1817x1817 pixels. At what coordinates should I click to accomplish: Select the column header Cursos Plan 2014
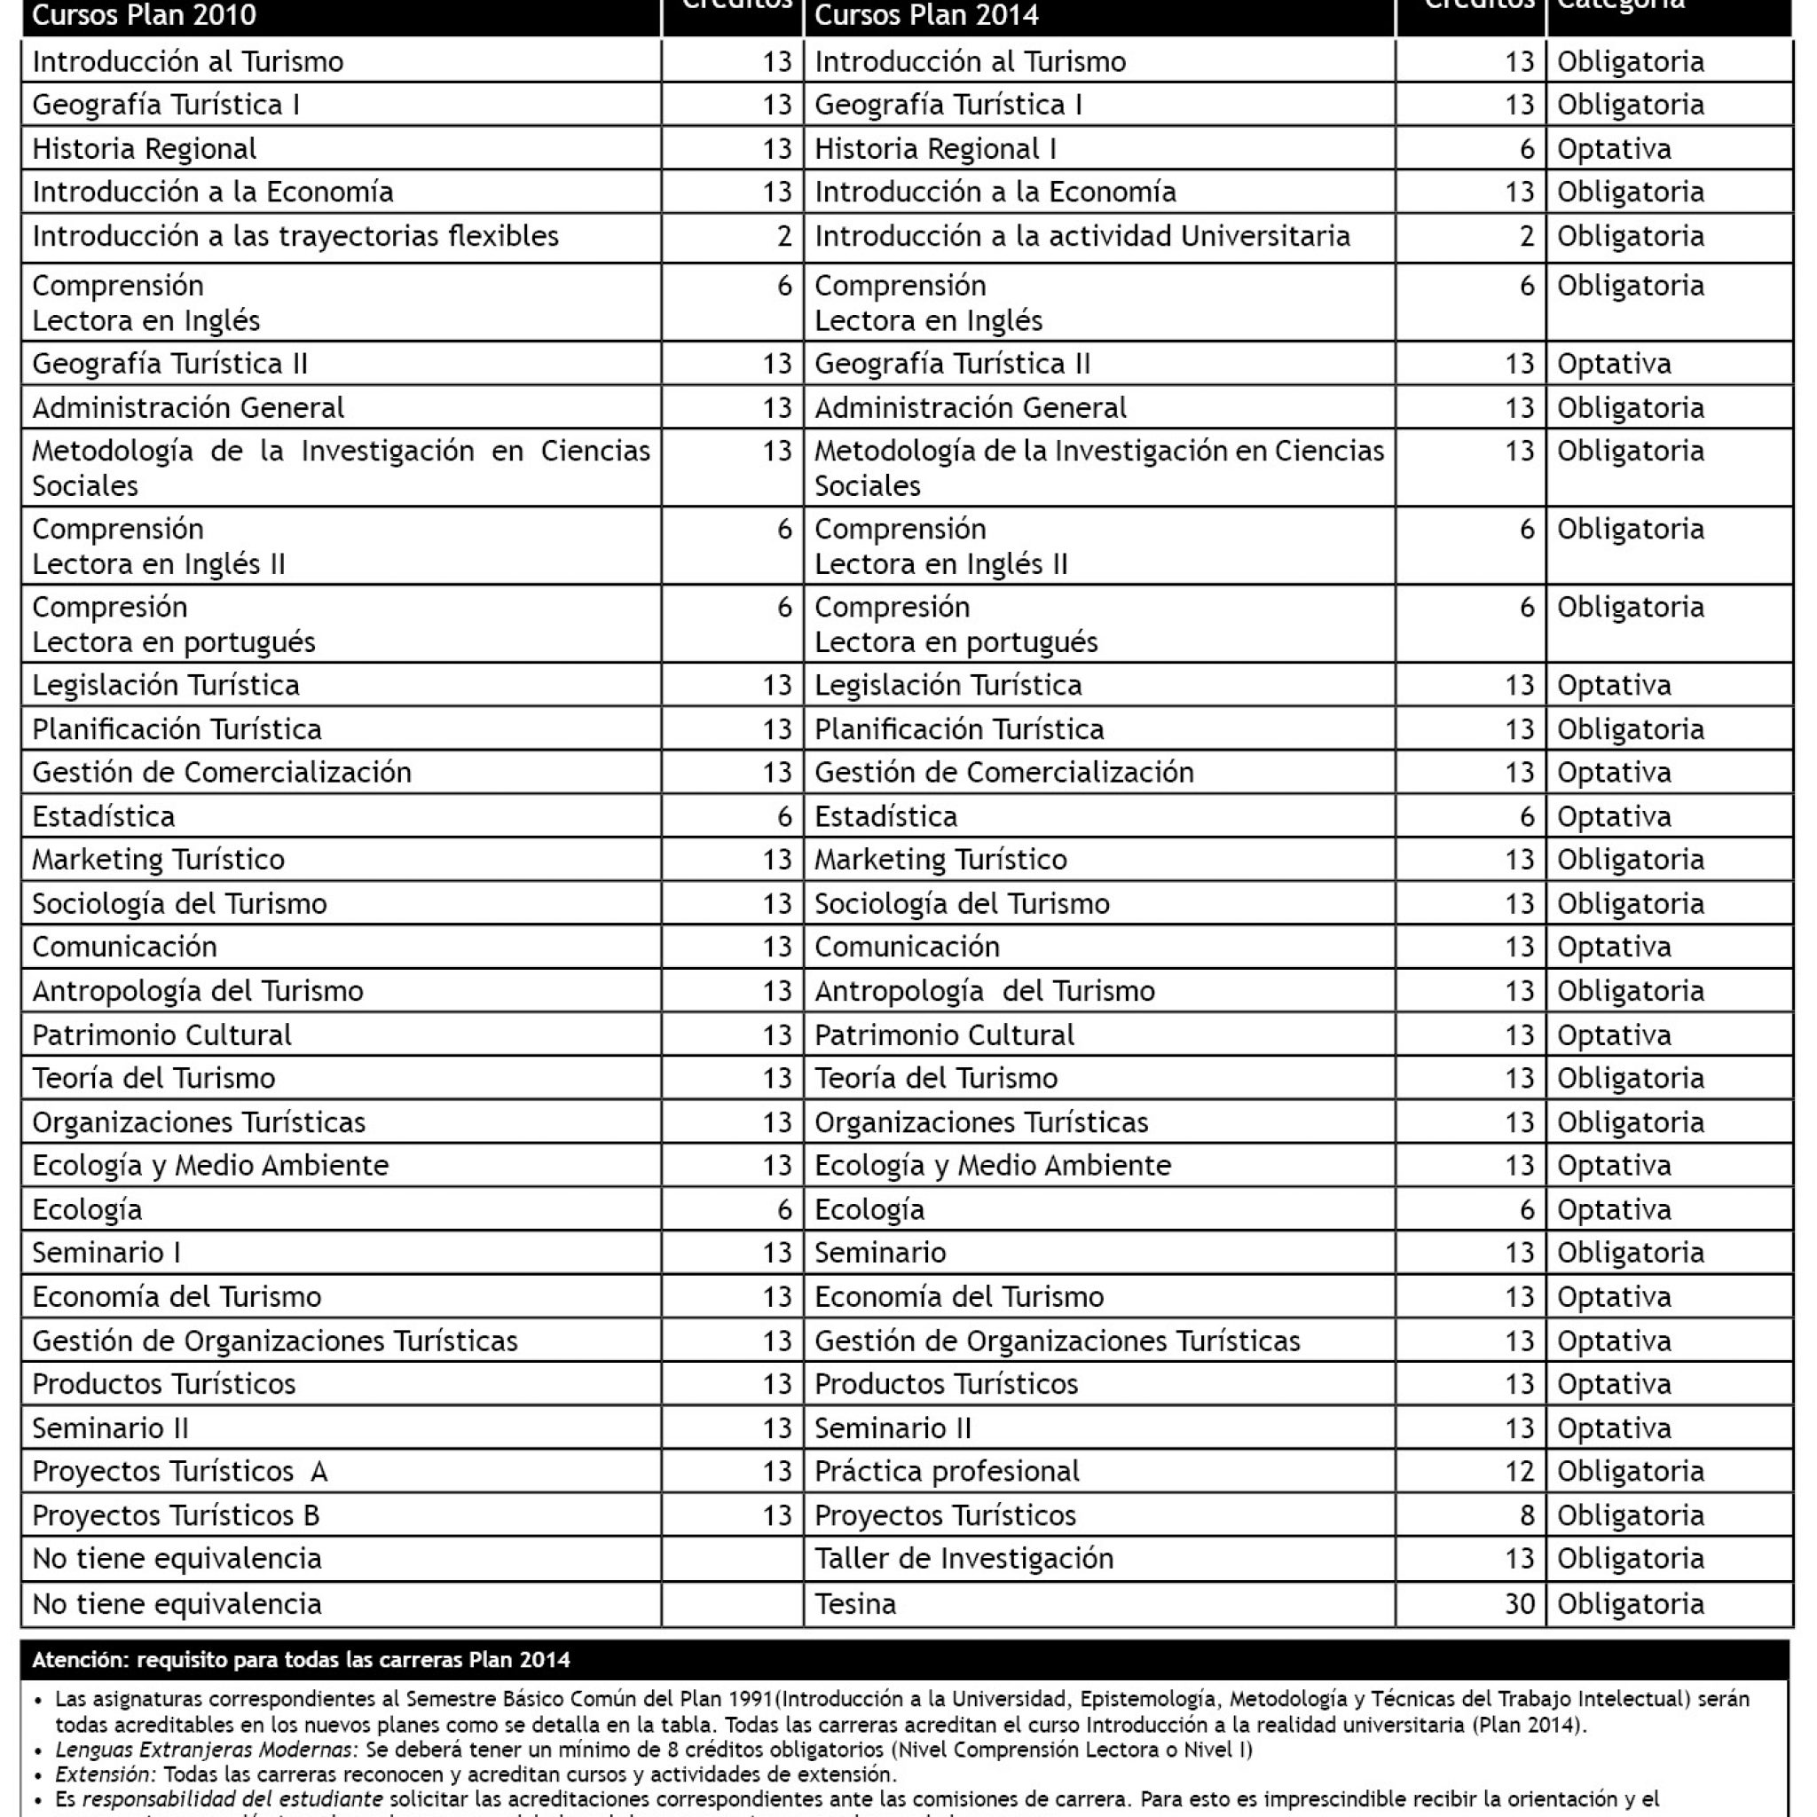926,16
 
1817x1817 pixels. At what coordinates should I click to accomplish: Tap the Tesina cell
855,1603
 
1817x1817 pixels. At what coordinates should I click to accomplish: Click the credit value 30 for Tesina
1519,1603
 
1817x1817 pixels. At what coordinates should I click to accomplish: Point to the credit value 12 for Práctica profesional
1519,1471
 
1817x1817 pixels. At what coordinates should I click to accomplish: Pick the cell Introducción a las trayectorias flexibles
295,236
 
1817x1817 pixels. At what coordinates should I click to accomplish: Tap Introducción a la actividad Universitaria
1082,236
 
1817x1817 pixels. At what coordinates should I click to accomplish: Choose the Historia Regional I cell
935,148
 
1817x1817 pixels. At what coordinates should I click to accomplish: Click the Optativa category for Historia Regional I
1614,148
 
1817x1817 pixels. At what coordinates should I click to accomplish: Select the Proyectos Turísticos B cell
176,1515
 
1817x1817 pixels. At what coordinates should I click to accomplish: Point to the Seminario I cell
106,1253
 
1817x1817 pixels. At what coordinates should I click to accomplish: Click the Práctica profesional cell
946,1471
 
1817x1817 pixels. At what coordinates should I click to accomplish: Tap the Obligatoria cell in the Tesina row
1630,1603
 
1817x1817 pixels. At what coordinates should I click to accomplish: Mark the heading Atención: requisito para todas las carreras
301,1660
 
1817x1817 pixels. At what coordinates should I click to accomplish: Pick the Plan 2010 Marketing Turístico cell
158,860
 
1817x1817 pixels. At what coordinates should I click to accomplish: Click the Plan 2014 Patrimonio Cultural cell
943,1034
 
